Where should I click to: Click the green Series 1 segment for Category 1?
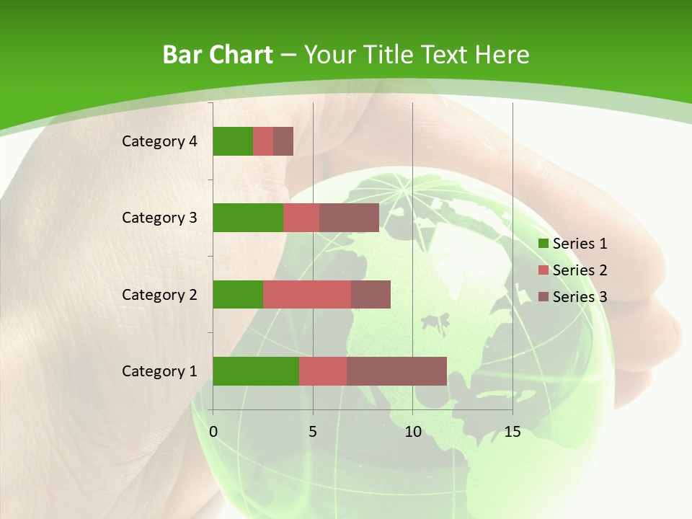256,371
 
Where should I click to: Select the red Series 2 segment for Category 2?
307,294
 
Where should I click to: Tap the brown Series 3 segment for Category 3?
349,218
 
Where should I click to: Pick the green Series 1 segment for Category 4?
233,141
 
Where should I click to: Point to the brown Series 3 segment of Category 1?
396,371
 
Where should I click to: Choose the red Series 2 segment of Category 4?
263,141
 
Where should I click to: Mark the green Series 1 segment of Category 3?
248,218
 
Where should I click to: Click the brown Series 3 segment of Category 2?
371,294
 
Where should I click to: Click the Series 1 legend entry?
573,244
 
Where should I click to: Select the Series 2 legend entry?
573,270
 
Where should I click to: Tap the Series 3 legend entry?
573,297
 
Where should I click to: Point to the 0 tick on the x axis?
213,432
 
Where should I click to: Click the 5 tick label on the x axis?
313,432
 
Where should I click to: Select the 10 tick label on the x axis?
412,432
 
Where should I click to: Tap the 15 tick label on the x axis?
513,432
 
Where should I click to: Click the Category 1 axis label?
159,371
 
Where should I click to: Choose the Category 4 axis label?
159,141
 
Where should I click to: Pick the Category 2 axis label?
159,294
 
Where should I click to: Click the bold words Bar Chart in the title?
218,55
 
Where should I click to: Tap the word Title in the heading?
386,55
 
